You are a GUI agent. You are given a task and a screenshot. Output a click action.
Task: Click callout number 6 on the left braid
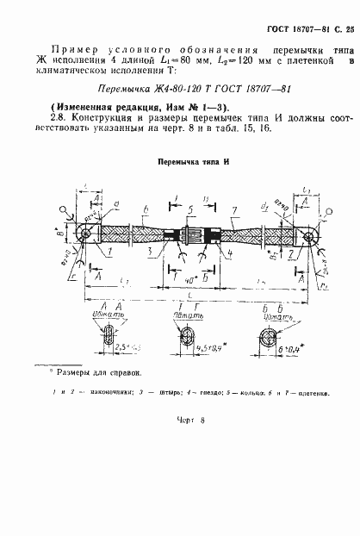coord(145,209)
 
